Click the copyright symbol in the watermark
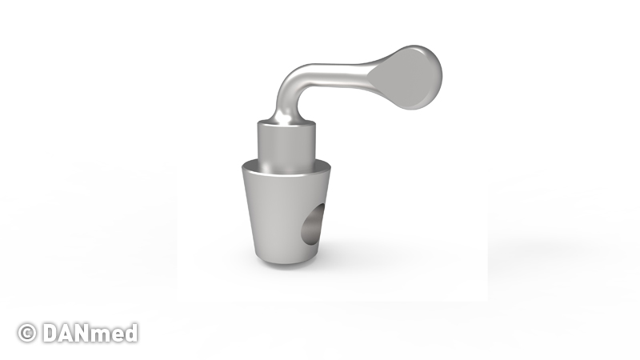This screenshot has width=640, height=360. [27, 333]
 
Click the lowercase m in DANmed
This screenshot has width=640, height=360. [107, 335]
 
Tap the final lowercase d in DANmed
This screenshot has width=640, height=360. [132, 333]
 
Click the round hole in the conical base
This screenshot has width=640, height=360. [313, 224]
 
